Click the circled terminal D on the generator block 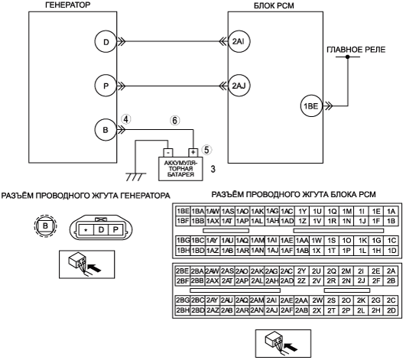coord(106,42)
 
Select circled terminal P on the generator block coord(106,86)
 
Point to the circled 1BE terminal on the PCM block coord(311,106)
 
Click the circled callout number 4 coord(126,119)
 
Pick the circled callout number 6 coord(174,120)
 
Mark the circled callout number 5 coord(207,150)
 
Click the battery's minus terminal coord(167,152)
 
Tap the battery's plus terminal coord(193,152)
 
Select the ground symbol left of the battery coord(135,177)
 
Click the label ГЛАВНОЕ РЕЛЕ coord(356,50)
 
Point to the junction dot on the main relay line coord(347,57)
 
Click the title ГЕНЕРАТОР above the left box coord(68,5)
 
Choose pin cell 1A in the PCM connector coord(391,211)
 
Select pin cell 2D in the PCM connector coord(391,310)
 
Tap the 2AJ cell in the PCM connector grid coord(272,310)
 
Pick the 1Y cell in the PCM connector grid coord(302,211)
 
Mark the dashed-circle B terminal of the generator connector coord(45,226)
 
